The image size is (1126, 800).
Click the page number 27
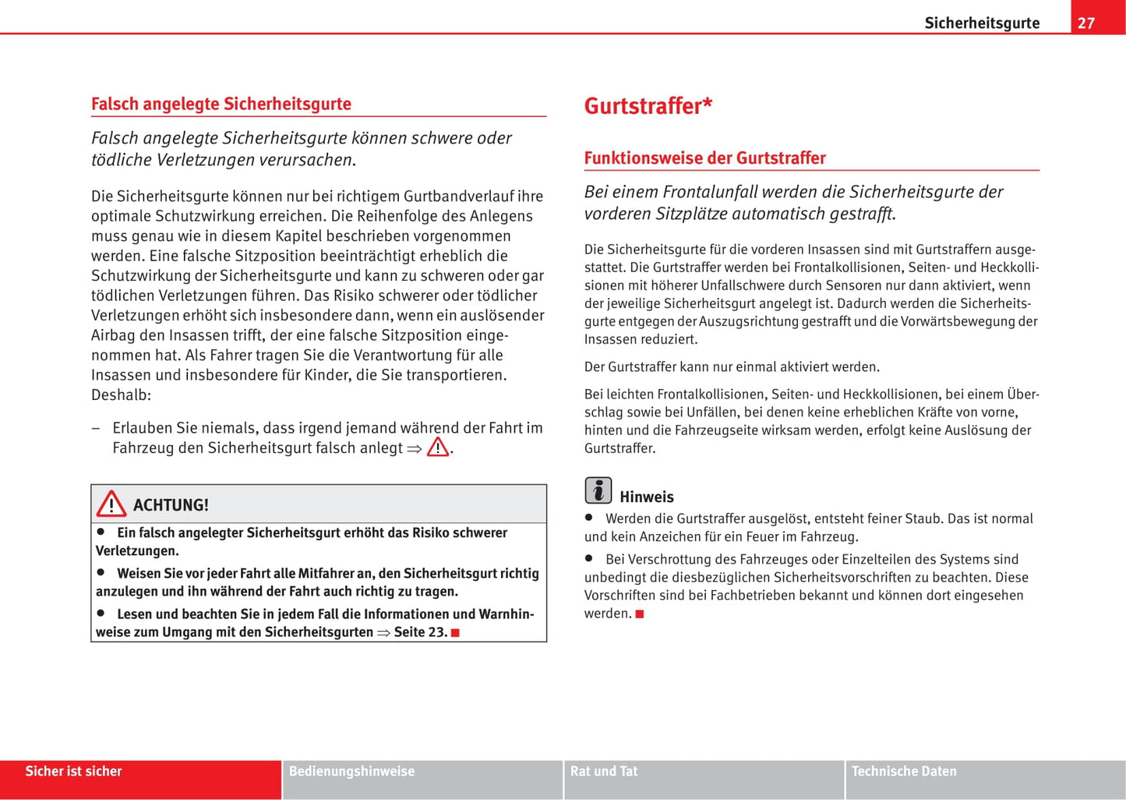[1086, 23]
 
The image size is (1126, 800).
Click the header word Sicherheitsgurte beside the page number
[982, 23]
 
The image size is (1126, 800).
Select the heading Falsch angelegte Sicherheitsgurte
[221, 104]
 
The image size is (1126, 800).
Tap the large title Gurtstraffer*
[648, 106]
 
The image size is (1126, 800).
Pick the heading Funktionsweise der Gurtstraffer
[704, 158]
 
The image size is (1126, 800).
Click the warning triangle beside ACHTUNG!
[111, 504]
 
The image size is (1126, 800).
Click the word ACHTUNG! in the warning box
[171, 504]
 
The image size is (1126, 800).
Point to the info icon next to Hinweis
[598, 490]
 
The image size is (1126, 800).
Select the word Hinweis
[647, 497]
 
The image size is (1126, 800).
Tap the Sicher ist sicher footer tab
[74, 771]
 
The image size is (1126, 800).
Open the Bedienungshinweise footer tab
[351, 771]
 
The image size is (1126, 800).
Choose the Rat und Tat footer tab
[604, 771]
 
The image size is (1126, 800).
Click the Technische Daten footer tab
[904, 771]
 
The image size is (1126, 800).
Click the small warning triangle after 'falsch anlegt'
[438, 447]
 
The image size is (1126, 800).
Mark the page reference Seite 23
[419, 632]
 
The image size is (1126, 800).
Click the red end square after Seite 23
[455, 632]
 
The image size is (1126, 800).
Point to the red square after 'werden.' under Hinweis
[640, 614]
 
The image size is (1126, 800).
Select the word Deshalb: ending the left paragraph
[121, 395]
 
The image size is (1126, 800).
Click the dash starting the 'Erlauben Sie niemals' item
[95, 428]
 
